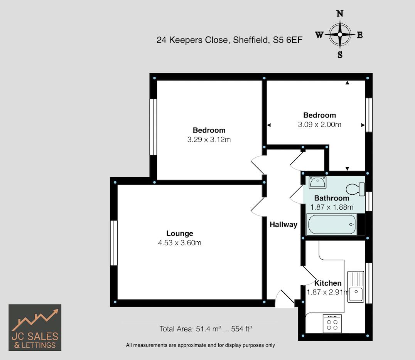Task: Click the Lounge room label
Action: [x=180, y=233]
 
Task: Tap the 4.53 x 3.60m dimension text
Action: [x=180, y=242]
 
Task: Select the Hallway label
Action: [x=283, y=225]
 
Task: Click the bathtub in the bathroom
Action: [x=332, y=224]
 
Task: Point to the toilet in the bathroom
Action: [x=356, y=189]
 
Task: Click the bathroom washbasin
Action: [x=317, y=182]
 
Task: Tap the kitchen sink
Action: [x=356, y=287]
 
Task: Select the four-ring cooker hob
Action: [x=332, y=323]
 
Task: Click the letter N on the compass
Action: [x=340, y=13]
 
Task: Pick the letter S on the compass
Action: [x=340, y=55]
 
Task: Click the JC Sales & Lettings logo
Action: [x=35, y=328]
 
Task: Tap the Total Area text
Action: [x=206, y=329]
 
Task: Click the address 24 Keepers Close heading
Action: [x=229, y=40]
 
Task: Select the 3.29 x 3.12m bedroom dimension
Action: [x=209, y=140]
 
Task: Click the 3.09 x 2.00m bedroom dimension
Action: [x=320, y=124]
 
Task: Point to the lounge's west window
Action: [x=114, y=243]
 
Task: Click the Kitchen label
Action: [x=328, y=283]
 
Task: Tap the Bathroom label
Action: [x=332, y=198]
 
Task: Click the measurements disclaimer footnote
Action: [x=200, y=345]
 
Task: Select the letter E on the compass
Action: [x=360, y=35]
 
